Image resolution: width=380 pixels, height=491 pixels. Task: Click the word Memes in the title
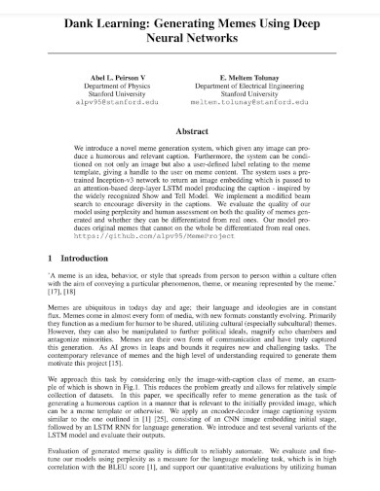(x=242, y=21)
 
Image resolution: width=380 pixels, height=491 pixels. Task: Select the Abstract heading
(x=189, y=130)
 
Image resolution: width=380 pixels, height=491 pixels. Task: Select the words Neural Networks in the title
(x=190, y=39)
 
